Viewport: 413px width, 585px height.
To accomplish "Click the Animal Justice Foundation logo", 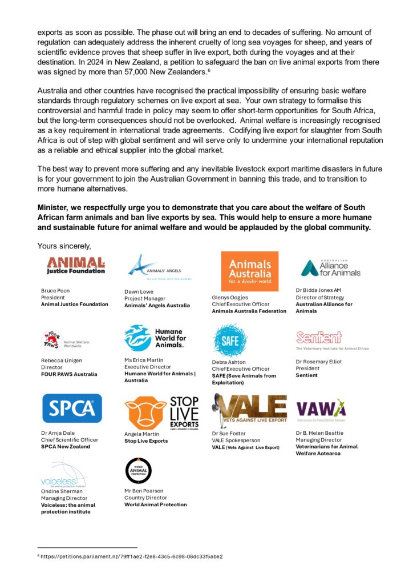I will [76, 265].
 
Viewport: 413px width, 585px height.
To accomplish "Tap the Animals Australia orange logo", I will [250, 271].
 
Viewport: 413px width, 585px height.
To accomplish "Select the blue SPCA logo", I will [72, 408].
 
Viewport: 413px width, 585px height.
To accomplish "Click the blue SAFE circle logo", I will [230, 340].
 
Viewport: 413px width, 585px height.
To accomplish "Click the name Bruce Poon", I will [55, 290].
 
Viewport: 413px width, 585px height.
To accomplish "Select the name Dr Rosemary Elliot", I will [319, 362].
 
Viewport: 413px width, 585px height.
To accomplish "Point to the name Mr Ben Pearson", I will [144, 490].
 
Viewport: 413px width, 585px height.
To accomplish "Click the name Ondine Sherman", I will [61, 491].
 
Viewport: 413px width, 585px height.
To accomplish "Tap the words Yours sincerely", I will [64, 246].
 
